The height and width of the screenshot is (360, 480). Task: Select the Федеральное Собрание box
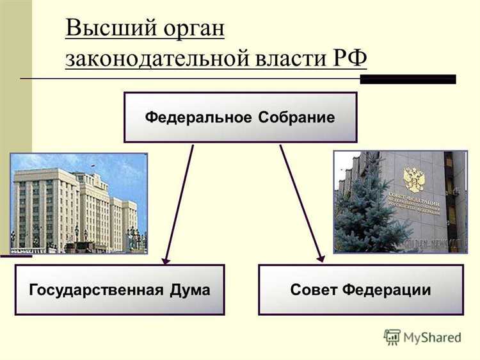click(x=240, y=117)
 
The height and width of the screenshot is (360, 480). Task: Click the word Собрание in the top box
click(x=297, y=118)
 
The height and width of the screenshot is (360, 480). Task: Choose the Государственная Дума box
click(x=120, y=290)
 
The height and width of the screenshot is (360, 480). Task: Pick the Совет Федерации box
click(x=360, y=290)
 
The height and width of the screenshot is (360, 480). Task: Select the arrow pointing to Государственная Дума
click(x=179, y=205)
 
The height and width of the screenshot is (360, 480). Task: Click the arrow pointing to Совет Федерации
click(x=301, y=205)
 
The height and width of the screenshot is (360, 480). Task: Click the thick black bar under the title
click(x=408, y=79)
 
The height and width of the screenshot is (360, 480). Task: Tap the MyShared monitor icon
click(x=392, y=336)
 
